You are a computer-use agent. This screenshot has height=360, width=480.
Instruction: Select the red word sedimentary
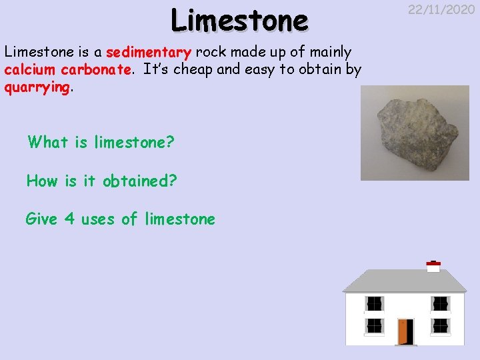(x=149, y=53)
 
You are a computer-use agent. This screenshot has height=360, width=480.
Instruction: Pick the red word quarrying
(x=37, y=87)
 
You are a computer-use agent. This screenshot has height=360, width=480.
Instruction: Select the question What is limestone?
(x=100, y=142)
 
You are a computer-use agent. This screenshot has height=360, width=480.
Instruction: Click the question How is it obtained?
(x=101, y=181)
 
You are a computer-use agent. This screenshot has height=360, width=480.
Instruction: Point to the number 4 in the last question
(x=69, y=219)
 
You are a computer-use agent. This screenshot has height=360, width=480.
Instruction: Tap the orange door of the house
(x=405, y=331)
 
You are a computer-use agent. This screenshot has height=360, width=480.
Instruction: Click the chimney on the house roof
(x=433, y=267)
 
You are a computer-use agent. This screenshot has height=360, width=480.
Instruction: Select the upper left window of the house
(x=375, y=303)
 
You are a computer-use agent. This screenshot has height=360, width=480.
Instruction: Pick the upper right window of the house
(x=439, y=303)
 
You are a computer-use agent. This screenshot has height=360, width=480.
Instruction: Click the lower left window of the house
(x=375, y=325)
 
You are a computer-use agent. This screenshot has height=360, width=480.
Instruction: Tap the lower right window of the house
(x=439, y=325)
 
